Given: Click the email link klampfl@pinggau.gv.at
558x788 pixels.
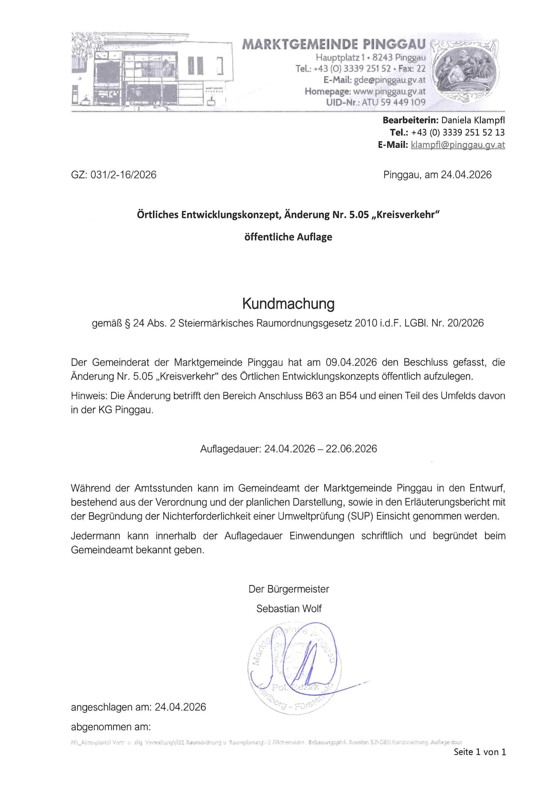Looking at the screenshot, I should (x=458, y=145).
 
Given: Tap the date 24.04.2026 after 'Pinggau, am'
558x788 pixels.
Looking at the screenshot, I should (x=466, y=175).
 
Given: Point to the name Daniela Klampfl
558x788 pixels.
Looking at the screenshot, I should (x=473, y=120).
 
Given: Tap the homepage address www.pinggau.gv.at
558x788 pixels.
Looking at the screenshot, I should (x=389, y=91).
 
